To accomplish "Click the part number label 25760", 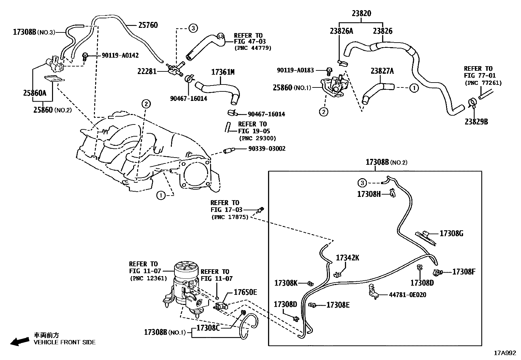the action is (x=148, y=25).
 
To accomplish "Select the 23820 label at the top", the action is (x=361, y=13).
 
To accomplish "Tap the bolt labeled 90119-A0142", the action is (x=85, y=56).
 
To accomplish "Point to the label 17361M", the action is (x=223, y=72).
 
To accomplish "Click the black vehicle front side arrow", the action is (x=20, y=342).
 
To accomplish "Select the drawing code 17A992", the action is (x=505, y=353).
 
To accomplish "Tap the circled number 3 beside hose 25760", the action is (x=193, y=28).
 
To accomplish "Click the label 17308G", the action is (x=451, y=233).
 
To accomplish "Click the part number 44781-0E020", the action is (x=407, y=295).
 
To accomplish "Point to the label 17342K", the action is (x=348, y=258).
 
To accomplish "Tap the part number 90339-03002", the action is (x=267, y=149).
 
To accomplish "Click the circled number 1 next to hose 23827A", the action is (x=414, y=88).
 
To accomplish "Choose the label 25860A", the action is (x=35, y=93).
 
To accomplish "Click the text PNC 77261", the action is (x=483, y=83).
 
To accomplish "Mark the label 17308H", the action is (x=369, y=194).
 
